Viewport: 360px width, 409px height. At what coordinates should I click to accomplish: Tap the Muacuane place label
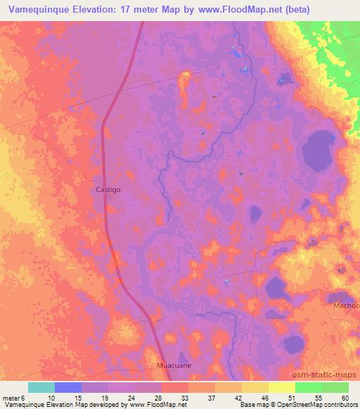[x=173, y=366]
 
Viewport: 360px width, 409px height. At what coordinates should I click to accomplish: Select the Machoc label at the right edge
[x=346, y=306]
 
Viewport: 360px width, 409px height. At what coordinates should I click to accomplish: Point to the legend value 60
[x=345, y=398]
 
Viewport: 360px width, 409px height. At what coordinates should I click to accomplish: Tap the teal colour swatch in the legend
[x=41, y=387]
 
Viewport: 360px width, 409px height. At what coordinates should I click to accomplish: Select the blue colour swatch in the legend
[x=68, y=387]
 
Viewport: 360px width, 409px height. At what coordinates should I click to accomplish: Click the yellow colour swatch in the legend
[x=282, y=387]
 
